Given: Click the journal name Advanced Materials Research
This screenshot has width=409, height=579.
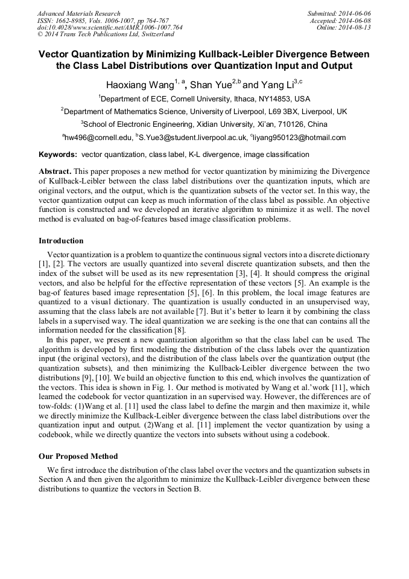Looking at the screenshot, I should coord(78,13).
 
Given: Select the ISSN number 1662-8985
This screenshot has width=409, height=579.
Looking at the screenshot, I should coord(76,21).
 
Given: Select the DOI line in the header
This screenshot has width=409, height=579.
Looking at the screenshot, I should coord(110,28).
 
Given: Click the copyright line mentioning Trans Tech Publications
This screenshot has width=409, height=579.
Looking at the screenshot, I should coord(106,35).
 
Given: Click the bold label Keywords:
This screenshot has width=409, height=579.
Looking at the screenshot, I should coord(59,155).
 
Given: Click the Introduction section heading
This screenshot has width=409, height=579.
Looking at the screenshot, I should coord(61,241).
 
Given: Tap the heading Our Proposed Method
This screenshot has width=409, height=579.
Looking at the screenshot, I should coord(78,456).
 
